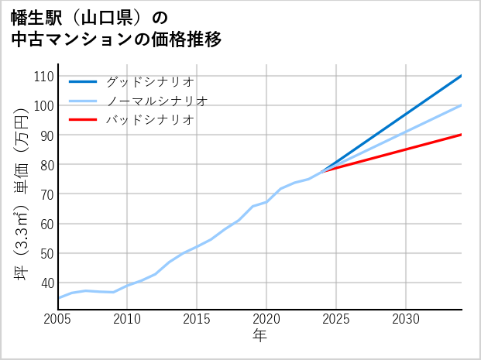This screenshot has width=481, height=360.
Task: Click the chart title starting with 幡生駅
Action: point(116,28)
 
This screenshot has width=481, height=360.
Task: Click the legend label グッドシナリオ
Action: point(149,81)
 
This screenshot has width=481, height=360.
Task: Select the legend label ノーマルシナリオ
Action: point(156,101)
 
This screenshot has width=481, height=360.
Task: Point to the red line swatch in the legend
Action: point(83,120)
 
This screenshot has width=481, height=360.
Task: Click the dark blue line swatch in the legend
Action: point(83,81)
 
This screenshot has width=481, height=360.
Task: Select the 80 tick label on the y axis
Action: point(46,165)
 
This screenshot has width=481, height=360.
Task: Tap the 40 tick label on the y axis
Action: point(46,283)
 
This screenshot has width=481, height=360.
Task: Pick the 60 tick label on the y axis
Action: point(46,224)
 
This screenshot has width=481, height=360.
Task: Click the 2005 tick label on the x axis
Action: point(57,319)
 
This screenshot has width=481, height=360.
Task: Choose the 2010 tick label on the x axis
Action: point(127,319)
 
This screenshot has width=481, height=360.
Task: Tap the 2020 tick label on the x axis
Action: point(266,319)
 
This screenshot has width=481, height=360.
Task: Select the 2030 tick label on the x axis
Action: point(406,319)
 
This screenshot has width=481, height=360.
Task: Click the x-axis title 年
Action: point(259,336)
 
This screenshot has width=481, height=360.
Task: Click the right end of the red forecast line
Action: point(462,135)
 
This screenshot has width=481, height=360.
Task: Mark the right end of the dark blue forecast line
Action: point(462,76)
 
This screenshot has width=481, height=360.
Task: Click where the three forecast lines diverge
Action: point(322,170)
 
